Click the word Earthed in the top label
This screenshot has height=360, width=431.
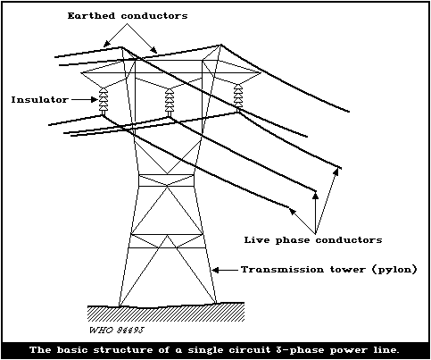[x=91, y=15]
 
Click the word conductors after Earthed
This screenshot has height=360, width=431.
[x=154, y=16]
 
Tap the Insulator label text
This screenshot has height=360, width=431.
[x=39, y=99]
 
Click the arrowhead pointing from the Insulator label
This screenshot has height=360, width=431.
[x=95, y=100]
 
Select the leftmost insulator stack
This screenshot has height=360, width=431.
[x=104, y=101]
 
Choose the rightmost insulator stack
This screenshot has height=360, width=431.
[x=237, y=96]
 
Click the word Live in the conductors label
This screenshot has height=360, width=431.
[x=257, y=239]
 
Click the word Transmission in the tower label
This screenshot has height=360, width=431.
[x=282, y=270]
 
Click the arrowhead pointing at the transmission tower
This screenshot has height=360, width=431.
[x=216, y=270]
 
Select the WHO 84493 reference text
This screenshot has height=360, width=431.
[x=117, y=331]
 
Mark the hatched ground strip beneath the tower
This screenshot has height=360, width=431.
[x=166, y=313]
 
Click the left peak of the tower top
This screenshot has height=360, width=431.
[x=121, y=46]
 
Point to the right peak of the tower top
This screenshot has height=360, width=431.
[x=221, y=45]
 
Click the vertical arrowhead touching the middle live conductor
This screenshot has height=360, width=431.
[x=316, y=195]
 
